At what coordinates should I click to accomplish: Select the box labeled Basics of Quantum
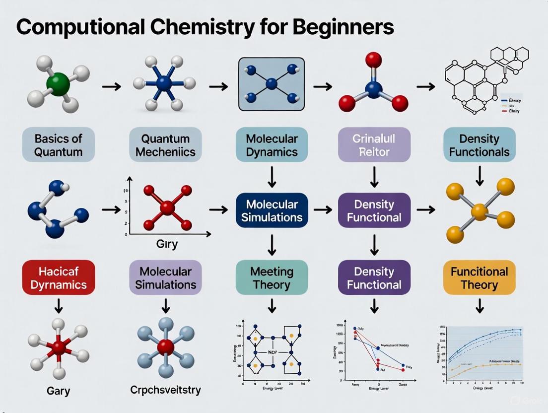tap(58, 144)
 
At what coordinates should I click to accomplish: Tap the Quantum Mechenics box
tap(165, 144)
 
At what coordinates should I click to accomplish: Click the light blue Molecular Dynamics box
tap(272, 144)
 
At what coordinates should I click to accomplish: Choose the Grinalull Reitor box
tap(374, 144)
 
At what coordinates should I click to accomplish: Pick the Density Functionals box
tap(479, 144)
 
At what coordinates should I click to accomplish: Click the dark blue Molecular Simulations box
tap(272, 210)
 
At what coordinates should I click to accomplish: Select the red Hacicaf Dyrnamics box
tap(58, 277)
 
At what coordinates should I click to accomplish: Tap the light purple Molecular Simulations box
tap(165, 277)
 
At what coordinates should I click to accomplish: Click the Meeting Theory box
tap(272, 277)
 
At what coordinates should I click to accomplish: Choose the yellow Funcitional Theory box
tap(479, 277)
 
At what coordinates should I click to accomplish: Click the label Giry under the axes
tap(167, 244)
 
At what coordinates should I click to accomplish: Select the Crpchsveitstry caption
tap(165, 389)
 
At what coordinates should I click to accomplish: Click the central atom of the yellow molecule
tap(479, 212)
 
